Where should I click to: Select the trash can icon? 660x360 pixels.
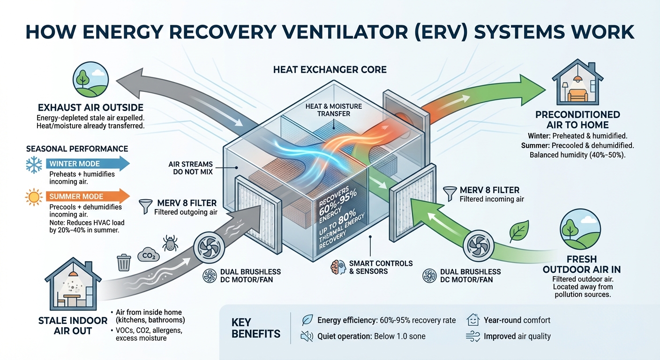tap(124, 262)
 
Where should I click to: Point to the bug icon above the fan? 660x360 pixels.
tap(169, 242)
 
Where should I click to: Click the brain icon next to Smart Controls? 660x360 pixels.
tap(337, 267)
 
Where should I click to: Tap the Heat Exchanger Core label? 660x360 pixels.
tap(330, 70)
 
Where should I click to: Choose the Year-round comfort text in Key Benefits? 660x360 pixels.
tap(517, 320)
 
